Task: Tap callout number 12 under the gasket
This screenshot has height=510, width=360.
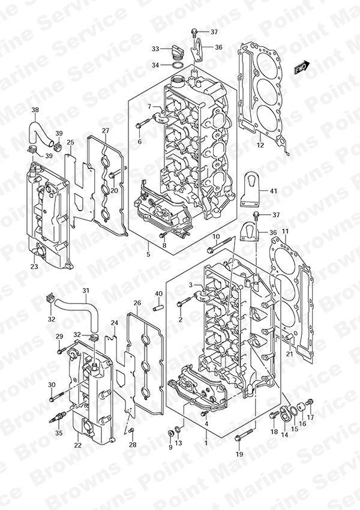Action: click(x=260, y=145)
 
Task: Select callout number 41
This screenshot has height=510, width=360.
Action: click(x=274, y=191)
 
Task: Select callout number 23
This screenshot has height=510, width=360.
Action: click(x=34, y=267)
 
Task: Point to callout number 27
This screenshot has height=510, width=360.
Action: click(x=105, y=130)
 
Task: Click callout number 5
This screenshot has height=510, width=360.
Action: click(x=148, y=254)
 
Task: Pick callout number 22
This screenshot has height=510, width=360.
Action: click(x=77, y=445)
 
